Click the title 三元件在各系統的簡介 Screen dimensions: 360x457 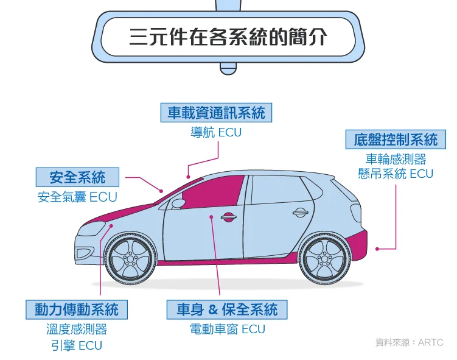(228, 37)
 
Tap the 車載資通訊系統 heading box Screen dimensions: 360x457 (217, 113)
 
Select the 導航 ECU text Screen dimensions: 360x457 (216, 133)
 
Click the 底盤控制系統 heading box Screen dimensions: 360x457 (396, 139)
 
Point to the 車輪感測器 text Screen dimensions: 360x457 (396, 159)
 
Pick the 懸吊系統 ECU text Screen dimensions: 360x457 (396, 174)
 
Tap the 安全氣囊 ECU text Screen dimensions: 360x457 (77, 197)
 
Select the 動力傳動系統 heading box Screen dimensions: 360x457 (76, 309)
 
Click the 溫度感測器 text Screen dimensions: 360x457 (76, 330)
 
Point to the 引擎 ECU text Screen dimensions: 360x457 (76, 345)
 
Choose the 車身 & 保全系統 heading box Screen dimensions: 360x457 (227, 309)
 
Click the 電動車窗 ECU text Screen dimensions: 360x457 (228, 330)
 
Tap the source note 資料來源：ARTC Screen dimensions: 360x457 (409, 343)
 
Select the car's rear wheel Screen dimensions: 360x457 (324, 258)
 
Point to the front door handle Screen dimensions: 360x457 (228, 216)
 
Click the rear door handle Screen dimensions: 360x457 (299, 213)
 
